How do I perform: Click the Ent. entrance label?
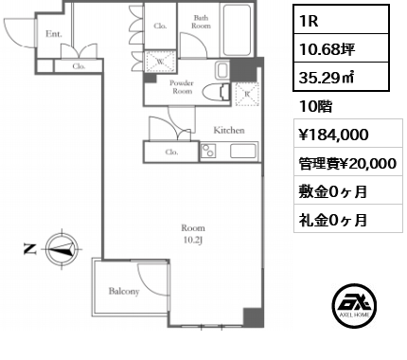[x=53, y=34]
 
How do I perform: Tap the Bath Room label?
[x=202, y=22]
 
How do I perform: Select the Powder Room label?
[x=182, y=87]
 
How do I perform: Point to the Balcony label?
[x=125, y=292]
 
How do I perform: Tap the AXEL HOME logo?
[x=356, y=309]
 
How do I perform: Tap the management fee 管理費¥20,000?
[x=346, y=163]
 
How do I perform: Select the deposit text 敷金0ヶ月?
[x=329, y=191]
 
